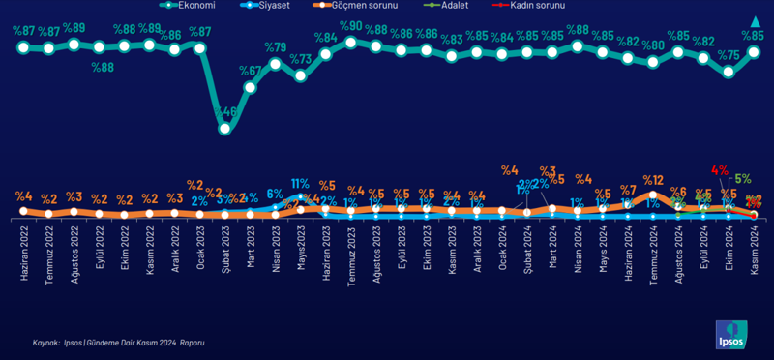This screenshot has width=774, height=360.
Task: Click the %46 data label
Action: [226, 113]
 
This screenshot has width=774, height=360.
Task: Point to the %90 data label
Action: [350, 26]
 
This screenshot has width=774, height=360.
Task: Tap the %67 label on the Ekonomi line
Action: [251, 71]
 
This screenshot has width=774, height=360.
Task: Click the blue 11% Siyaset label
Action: [300, 183]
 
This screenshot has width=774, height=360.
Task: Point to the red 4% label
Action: [719, 170]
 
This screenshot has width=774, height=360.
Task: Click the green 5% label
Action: [742, 179]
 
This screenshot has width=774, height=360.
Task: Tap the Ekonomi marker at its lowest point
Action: [225, 129]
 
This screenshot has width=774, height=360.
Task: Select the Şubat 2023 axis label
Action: [225, 256]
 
